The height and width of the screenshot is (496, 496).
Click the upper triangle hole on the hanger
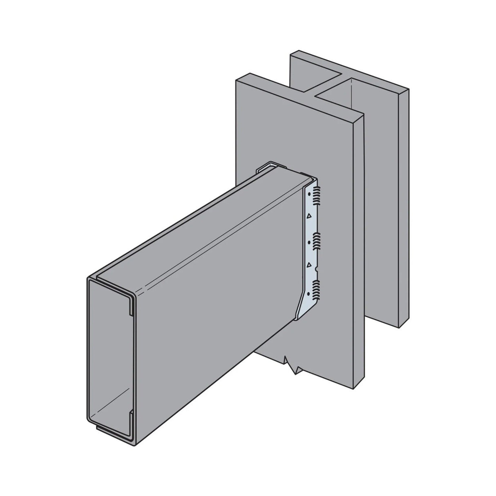point(309,215)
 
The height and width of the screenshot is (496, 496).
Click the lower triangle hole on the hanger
point(309,265)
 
